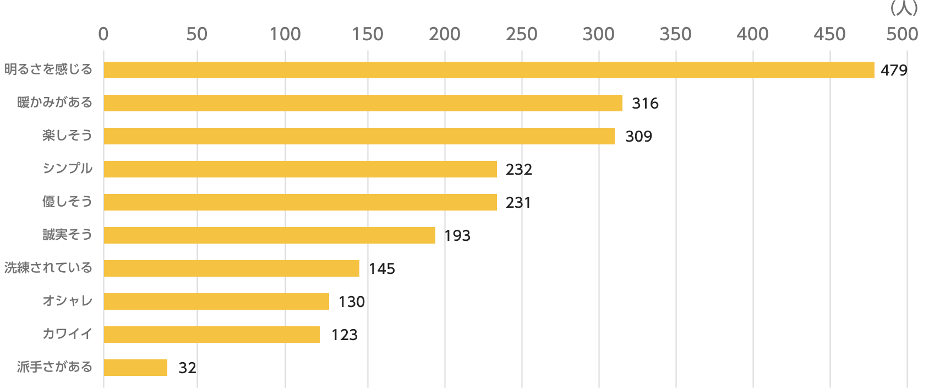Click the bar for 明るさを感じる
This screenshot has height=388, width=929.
(x=489, y=70)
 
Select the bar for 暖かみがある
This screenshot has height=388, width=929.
(x=363, y=103)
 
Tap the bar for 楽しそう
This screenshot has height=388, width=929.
(x=359, y=136)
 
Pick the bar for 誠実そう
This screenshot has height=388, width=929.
(x=269, y=235)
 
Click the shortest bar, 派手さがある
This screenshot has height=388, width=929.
(x=135, y=368)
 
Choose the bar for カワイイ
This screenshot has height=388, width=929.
(x=211, y=335)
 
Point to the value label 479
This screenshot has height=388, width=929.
(x=894, y=71)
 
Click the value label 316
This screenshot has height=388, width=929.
(x=645, y=104)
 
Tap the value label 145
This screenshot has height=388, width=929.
(x=382, y=269)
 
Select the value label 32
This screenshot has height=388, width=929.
(x=187, y=368)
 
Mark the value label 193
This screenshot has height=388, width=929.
(x=457, y=236)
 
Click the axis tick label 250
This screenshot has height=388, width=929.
(x=521, y=34)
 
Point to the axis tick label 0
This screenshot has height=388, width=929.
(x=103, y=34)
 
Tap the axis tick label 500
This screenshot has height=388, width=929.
(x=903, y=34)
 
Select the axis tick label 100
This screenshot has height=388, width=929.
(x=285, y=34)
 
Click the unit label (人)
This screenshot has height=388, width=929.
(x=903, y=8)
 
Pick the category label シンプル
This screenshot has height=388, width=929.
(x=67, y=169)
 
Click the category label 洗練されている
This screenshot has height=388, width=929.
(x=48, y=268)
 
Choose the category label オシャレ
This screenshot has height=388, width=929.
(x=67, y=301)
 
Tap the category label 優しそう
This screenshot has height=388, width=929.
(x=67, y=202)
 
